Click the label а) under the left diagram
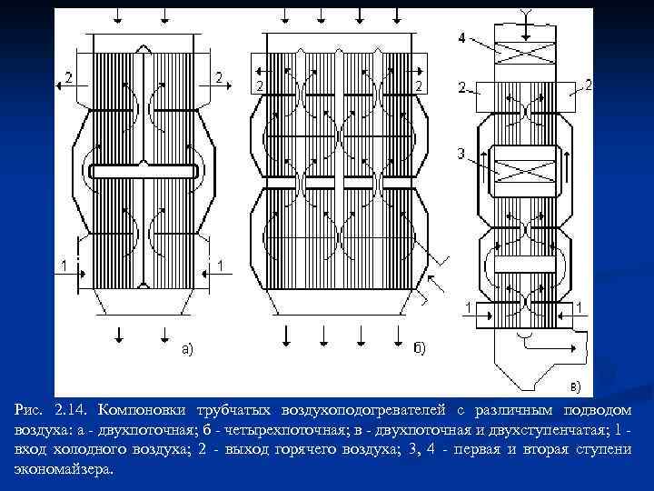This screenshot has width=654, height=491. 184,346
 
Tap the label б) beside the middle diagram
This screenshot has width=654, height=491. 421,346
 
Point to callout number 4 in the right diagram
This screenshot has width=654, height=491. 462,38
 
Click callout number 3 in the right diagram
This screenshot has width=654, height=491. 461,154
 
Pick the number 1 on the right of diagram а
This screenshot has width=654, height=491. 222,264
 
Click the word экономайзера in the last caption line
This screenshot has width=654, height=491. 64,469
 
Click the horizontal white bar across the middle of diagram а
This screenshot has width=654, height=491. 144,171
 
